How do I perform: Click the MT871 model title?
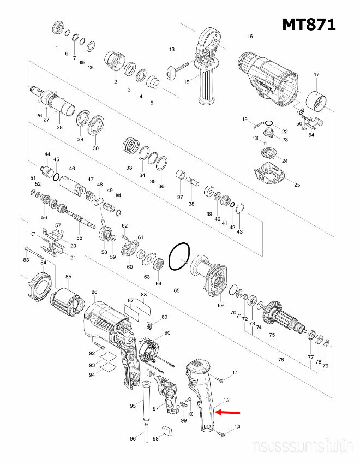pos(309,25)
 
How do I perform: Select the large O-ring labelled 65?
pos(179,257)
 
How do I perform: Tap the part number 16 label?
pos(250,37)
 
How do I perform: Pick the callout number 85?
pos(68,276)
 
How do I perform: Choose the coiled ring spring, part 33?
pos(130,146)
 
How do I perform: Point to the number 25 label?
pos(297,185)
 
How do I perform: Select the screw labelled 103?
pos(223,434)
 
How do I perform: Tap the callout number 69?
pos(220,305)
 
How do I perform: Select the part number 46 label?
pos(71,169)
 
